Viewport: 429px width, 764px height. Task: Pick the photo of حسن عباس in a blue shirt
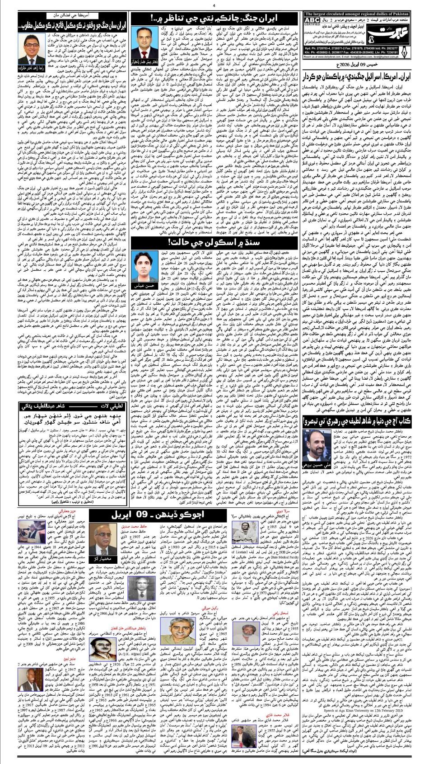(146, 272)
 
